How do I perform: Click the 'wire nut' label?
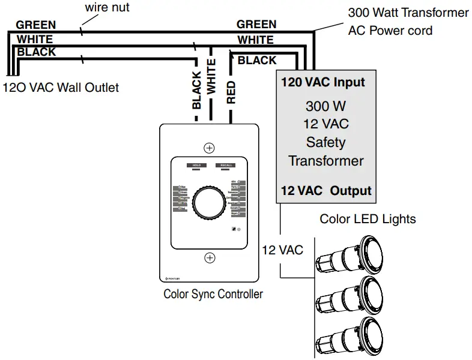coord(107,8)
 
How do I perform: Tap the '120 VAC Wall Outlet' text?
coord(61,88)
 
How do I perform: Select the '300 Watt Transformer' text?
coord(408,13)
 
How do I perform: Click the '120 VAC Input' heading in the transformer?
coord(323,82)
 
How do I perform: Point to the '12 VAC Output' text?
coord(326,191)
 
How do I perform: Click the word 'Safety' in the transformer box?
coord(325,142)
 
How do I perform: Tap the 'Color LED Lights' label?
coord(368,218)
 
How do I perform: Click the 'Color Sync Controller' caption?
coord(213,294)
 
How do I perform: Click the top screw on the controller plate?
coord(210,148)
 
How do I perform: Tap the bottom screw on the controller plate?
coord(210,258)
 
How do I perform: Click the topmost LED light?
coord(354,256)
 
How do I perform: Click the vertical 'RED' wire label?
coord(231,92)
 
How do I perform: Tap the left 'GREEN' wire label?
coord(36,25)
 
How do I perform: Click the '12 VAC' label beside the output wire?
coord(282,250)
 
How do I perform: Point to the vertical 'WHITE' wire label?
coord(211,76)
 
